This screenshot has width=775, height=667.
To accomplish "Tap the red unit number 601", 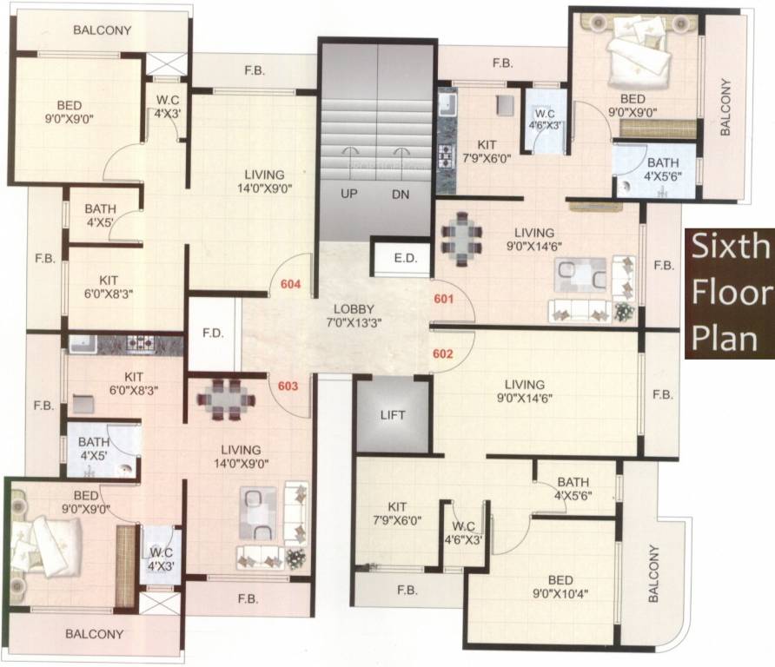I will [x=443, y=299].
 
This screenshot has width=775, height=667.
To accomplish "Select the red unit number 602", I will [x=443, y=353].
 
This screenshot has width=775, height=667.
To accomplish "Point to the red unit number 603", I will [x=289, y=387].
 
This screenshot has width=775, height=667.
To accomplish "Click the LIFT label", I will [x=393, y=415].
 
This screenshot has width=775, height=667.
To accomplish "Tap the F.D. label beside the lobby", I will [x=213, y=333].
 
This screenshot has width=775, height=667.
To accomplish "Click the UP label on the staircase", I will [x=349, y=195].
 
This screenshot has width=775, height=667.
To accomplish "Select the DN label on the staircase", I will [x=401, y=195].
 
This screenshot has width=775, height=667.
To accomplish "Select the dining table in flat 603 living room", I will [x=226, y=399].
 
